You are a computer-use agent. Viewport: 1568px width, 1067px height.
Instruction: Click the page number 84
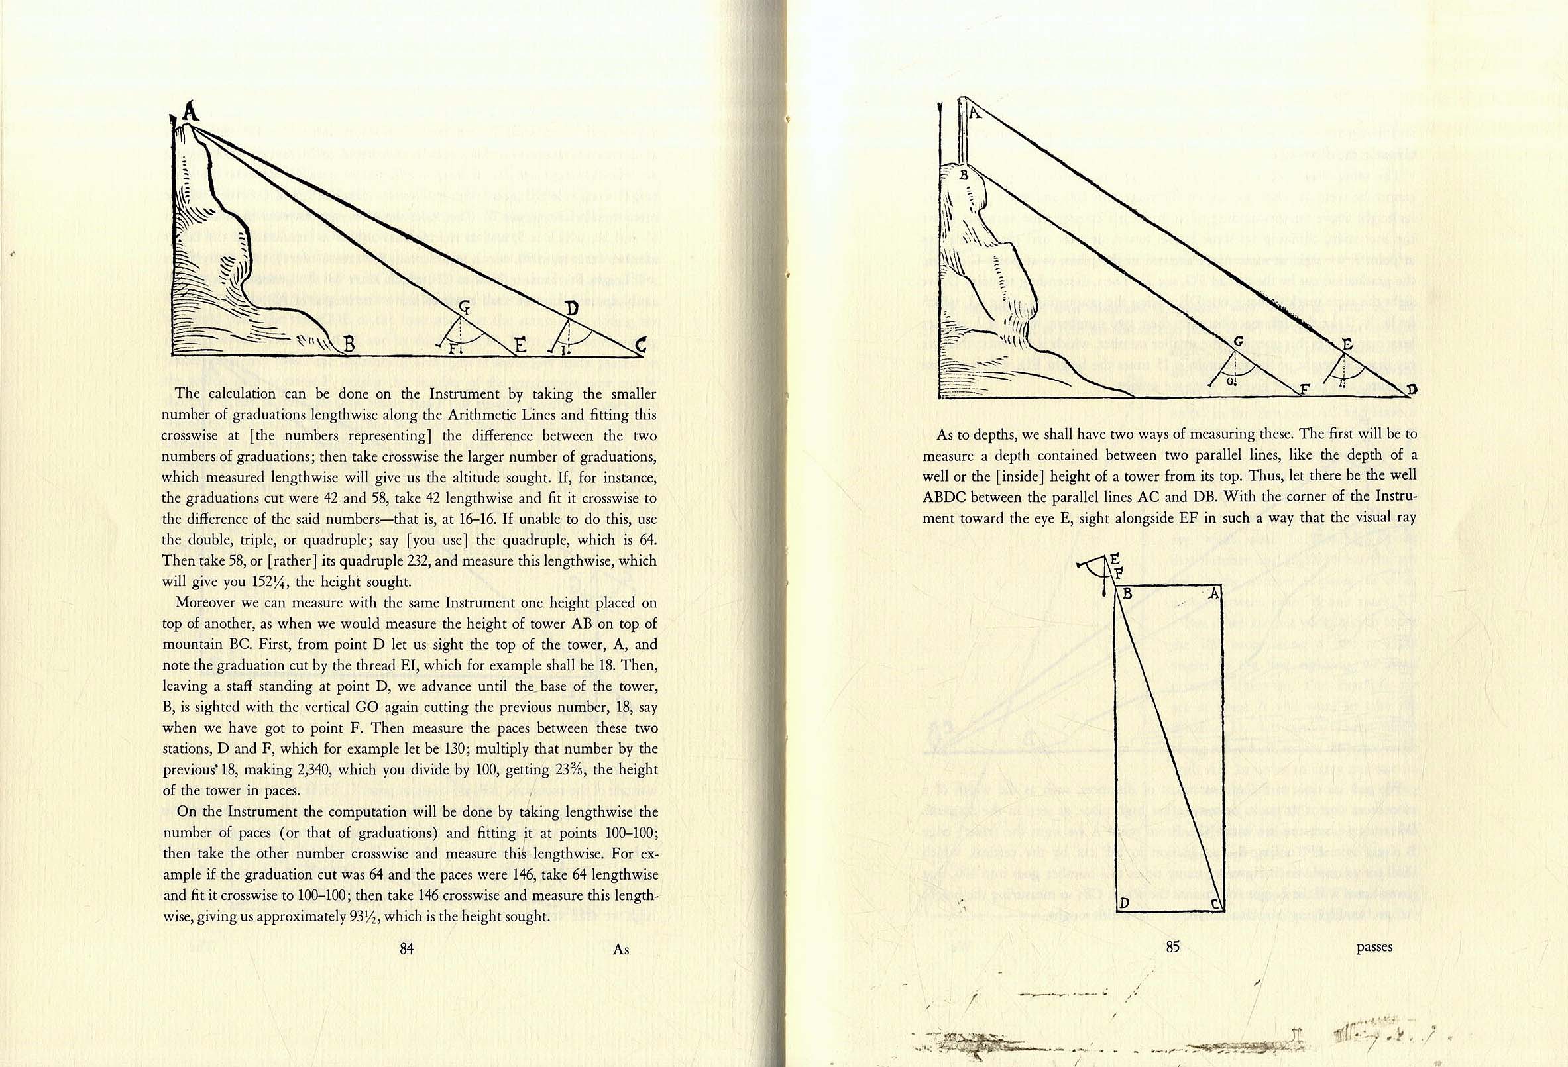406,949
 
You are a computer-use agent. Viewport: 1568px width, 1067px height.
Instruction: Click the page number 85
1172,947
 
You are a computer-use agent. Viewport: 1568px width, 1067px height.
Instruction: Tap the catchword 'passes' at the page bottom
1374,947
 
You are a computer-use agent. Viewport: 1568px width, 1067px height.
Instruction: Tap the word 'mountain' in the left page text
191,644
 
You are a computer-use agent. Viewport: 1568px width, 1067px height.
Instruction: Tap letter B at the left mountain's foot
349,345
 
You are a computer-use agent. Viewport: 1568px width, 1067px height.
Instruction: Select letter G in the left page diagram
465,307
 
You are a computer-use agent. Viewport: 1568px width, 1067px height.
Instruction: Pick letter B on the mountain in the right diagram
964,176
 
